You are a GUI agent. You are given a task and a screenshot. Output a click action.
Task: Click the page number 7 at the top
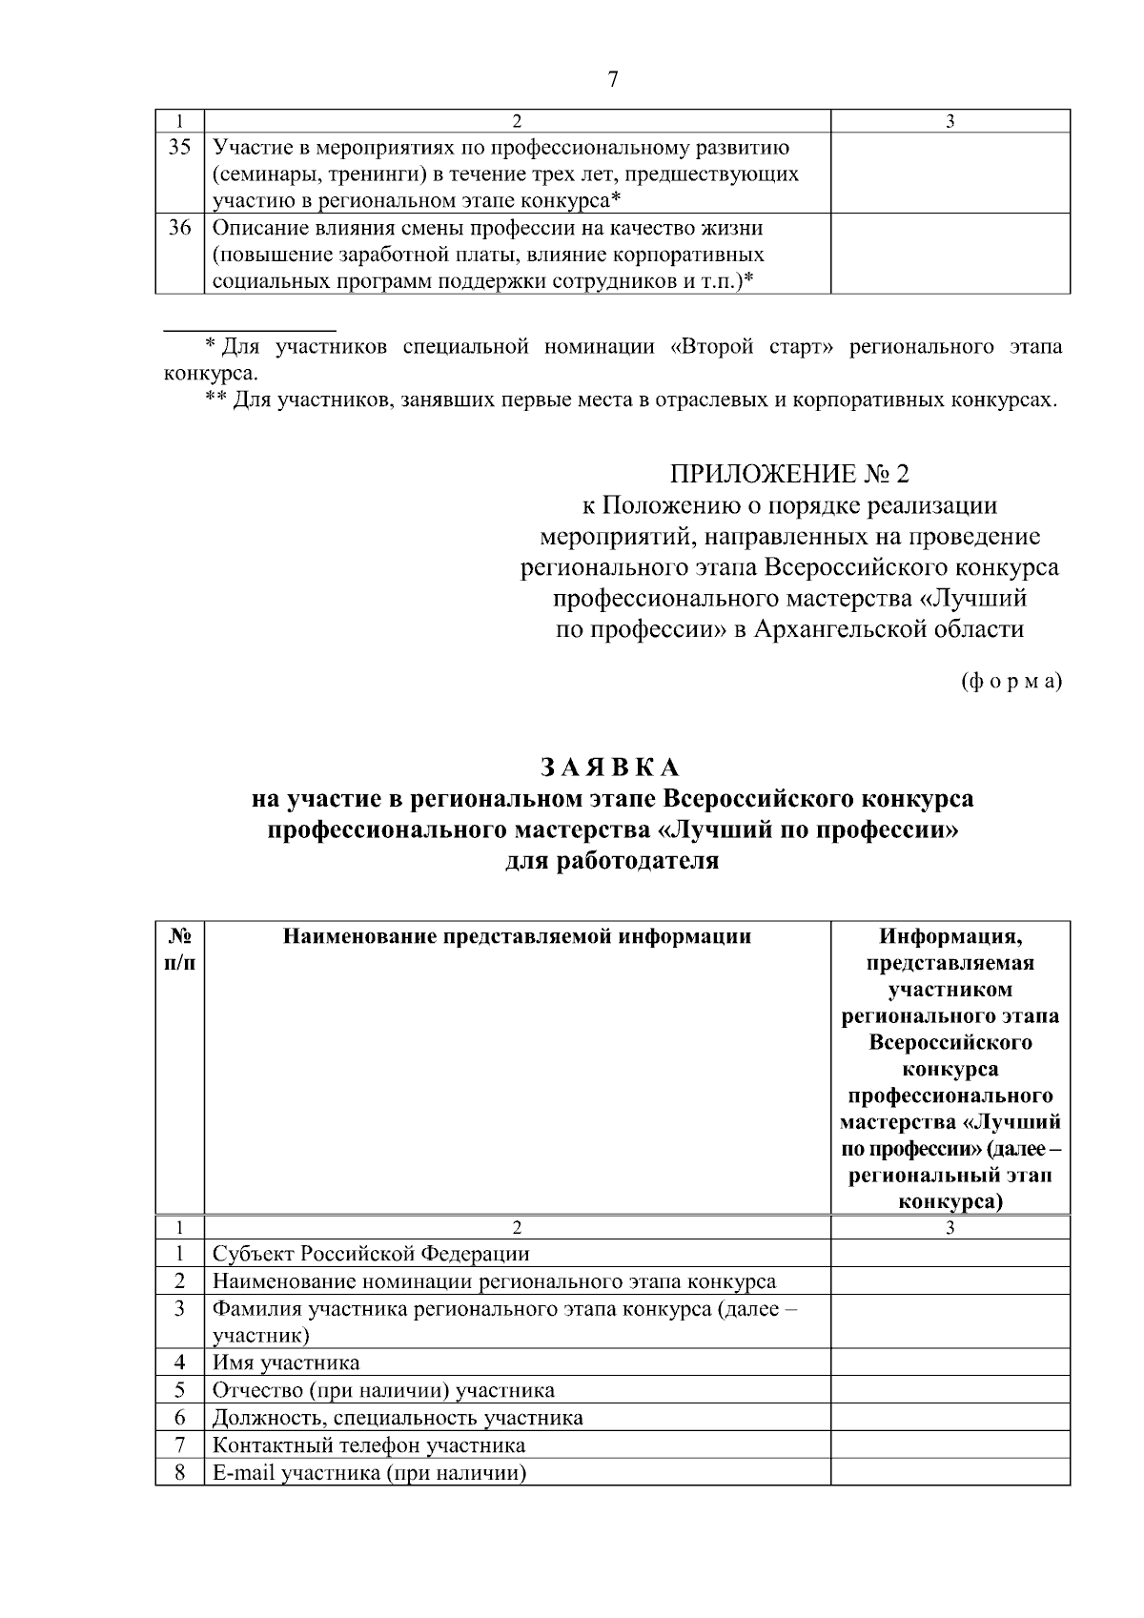(613, 80)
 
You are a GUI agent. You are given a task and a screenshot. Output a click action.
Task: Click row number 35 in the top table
(180, 148)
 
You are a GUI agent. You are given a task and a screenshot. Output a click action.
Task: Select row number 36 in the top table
(180, 229)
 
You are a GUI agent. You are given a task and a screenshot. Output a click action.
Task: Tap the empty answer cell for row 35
(950, 173)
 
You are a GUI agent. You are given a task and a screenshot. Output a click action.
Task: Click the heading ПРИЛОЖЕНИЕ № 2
(788, 474)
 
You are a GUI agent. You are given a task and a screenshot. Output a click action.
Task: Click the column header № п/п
(180, 949)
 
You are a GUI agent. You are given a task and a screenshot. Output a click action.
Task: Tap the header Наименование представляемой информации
(517, 936)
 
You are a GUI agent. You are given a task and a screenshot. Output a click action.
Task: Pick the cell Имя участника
(286, 1362)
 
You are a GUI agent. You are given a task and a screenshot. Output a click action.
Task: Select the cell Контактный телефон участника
(369, 1444)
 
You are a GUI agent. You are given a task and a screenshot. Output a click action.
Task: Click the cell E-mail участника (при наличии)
(370, 1472)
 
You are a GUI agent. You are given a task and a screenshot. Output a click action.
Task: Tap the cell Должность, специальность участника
(398, 1417)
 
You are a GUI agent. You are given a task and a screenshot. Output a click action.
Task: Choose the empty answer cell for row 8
(950, 1472)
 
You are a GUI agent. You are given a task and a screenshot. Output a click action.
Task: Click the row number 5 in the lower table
(180, 1389)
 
